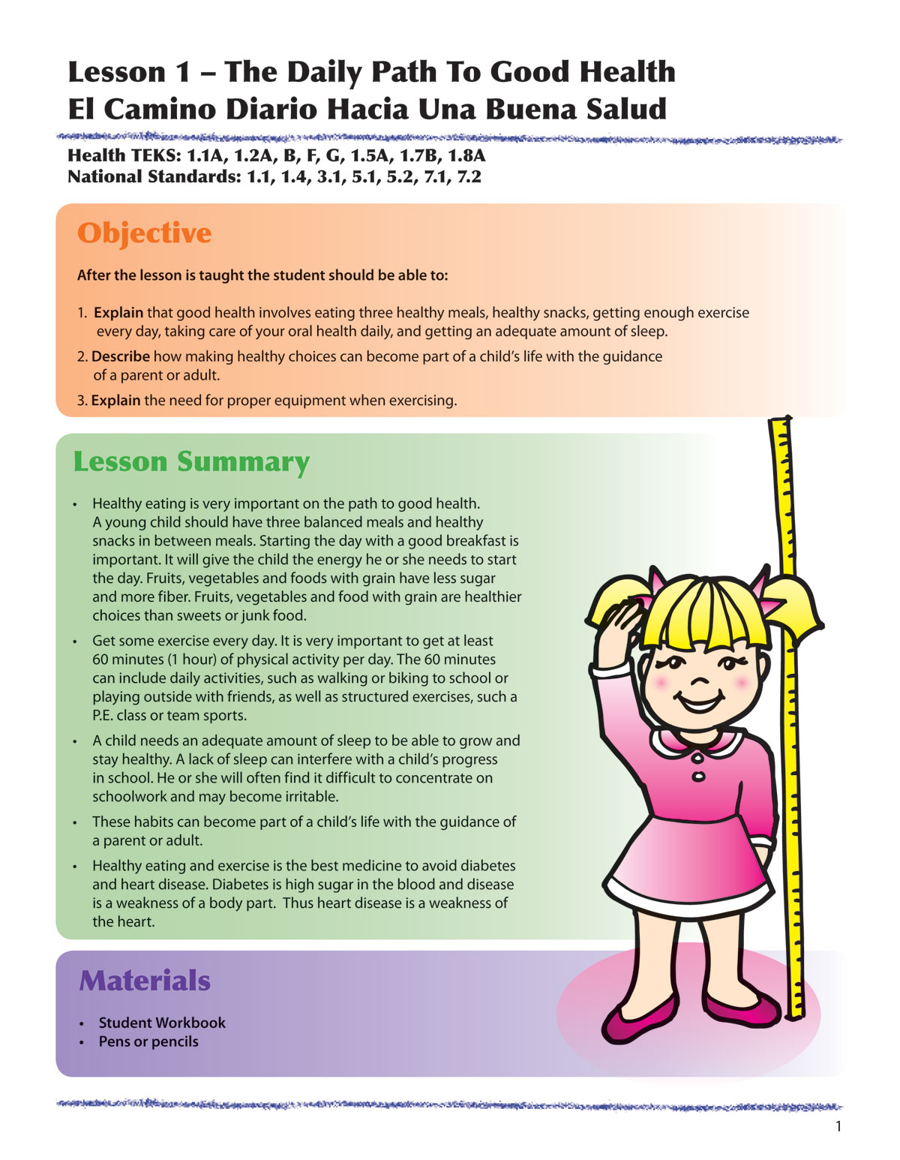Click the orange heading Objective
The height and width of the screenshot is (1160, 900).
(144, 233)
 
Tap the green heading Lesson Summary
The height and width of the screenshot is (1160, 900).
(190, 461)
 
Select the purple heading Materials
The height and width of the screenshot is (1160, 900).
(144, 981)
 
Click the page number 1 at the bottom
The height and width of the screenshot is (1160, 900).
(838, 1126)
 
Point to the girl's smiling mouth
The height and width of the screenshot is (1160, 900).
(699, 703)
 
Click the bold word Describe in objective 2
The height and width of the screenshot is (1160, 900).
(121, 356)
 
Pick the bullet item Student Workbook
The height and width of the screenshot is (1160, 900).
(162, 1023)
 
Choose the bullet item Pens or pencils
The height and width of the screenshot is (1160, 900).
(148, 1041)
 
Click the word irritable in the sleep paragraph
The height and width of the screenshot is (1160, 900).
(307, 797)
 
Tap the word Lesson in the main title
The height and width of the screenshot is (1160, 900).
(117, 72)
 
